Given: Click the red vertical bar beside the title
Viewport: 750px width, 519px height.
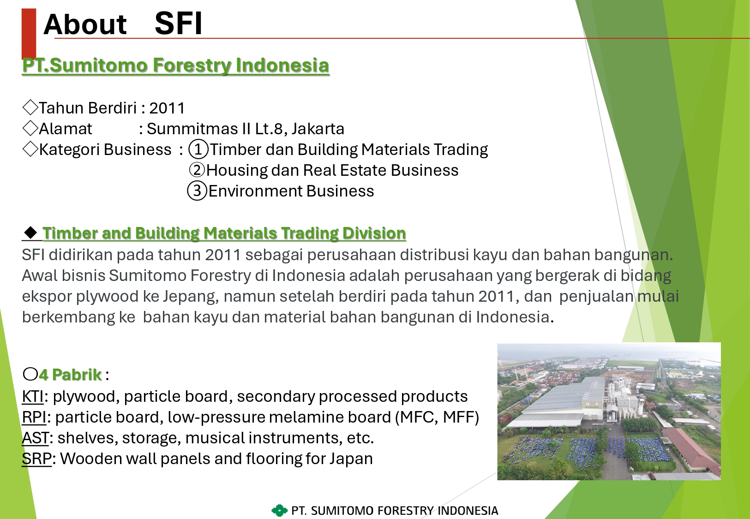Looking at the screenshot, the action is click(29, 34).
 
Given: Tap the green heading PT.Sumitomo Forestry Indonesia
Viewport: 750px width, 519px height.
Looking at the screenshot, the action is click(176, 65).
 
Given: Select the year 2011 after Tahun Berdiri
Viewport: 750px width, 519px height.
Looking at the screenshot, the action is click(167, 108).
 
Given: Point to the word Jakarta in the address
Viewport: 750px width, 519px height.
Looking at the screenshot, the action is click(318, 129).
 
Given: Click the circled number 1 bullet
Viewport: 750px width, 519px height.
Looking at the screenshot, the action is click(198, 149).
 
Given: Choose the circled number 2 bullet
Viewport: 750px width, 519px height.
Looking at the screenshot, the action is click(197, 170).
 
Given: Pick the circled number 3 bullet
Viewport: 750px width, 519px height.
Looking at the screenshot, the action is click(197, 191).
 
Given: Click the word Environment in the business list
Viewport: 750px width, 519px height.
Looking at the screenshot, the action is click(255, 191).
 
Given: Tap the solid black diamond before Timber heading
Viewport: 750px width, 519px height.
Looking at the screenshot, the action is click(31, 233).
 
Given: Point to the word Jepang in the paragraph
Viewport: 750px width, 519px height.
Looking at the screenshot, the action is click(191, 297).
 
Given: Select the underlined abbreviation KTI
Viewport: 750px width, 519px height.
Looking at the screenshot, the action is click(32, 397).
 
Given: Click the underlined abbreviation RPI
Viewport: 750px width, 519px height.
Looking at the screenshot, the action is click(34, 417).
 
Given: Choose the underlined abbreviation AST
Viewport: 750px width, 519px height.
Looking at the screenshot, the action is click(35, 438).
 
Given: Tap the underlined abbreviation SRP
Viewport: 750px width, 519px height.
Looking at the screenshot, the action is click(36, 459).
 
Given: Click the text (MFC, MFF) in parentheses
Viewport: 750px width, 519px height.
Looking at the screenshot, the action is click(437, 417).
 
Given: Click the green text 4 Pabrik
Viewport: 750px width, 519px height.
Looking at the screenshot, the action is click(70, 375).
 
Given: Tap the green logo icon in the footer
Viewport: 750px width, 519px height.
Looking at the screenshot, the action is click(280, 511).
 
